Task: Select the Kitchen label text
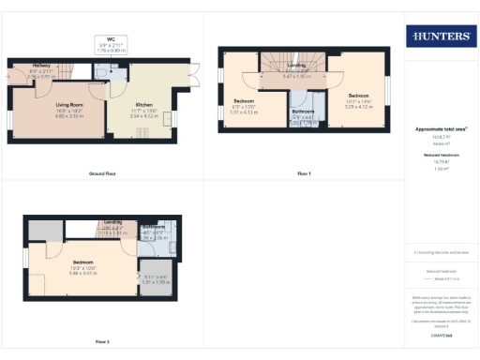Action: click(143, 104)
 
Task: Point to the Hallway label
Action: click(39, 64)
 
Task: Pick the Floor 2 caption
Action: click(101, 341)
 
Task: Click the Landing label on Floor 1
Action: click(297, 65)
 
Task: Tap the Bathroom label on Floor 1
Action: click(303, 111)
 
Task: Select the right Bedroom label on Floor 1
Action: click(360, 96)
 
